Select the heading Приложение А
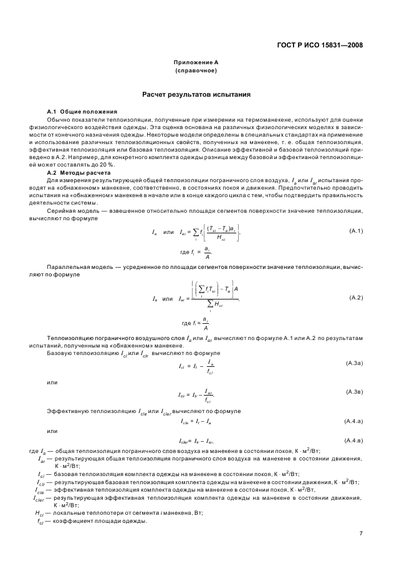pyautogui.click(x=195, y=63)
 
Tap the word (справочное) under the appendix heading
pyautogui.click(x=195, y=71)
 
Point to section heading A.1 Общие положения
pyautogui.click(x=73, y=111)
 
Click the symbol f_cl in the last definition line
pyautogui.click(x=41, y=521)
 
